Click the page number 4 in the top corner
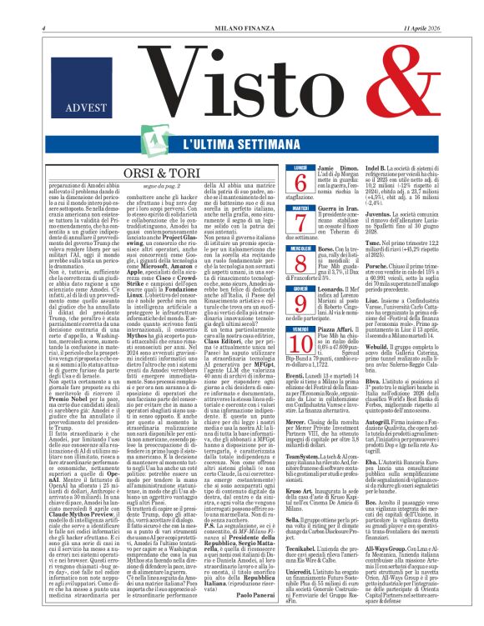point(18,8)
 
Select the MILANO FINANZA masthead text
point(242,8)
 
